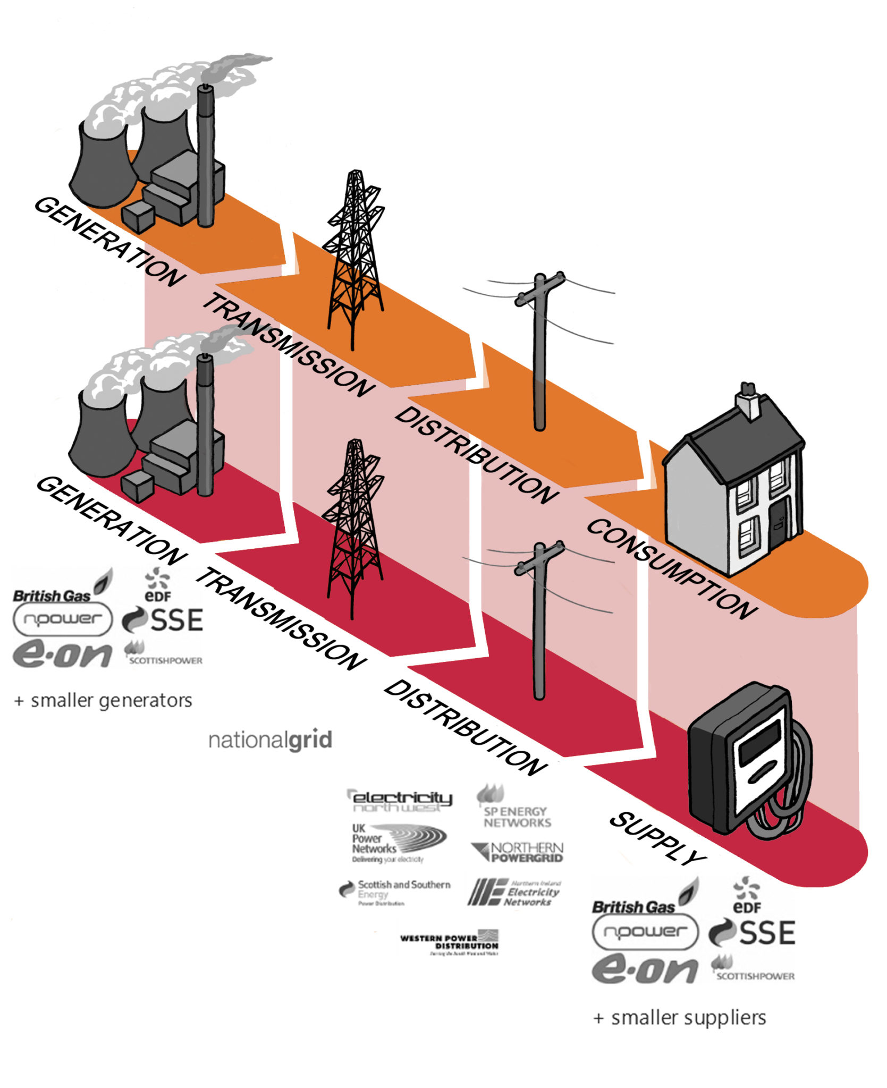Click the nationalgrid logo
[270, 739]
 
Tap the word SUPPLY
[657, 838]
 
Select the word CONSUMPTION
[671, 568]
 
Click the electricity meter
[747, 760]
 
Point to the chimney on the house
[748, 401]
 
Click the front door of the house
[777, 524]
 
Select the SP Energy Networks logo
[515, 809]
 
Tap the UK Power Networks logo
[396, 843]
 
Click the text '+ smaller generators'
[104, 700]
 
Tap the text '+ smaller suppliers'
[680, 1017]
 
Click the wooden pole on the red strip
[539, 622]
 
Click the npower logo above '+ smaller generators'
[63, 619]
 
